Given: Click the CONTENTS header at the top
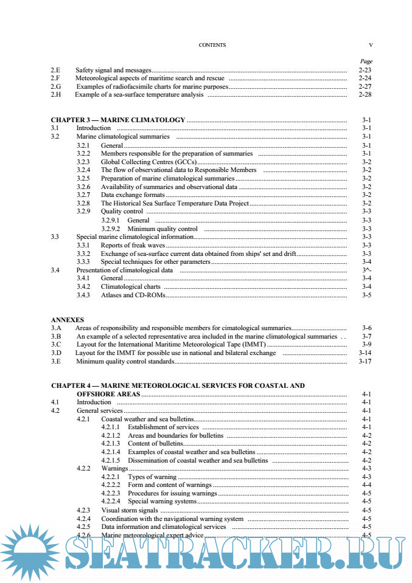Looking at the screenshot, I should [212, 45].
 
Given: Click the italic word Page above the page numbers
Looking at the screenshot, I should [366, 61].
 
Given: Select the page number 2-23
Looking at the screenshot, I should [365, 71].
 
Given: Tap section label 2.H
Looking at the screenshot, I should [56, 95].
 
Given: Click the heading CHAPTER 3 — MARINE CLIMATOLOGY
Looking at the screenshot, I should [118, 120].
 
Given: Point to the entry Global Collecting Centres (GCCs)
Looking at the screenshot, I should [149, 162].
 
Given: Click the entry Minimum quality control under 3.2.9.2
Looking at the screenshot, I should [162, 229].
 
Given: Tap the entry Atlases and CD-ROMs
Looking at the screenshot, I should [133, 295].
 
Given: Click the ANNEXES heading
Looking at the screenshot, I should [68, 320].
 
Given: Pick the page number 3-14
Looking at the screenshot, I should [365, 353].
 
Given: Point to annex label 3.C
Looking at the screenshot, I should [56, 344].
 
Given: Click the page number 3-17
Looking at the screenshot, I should [365, 361].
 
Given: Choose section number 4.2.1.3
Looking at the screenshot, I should [111, 444].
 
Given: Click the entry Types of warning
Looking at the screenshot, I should [152, 477].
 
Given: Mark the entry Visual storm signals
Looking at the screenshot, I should [130, 510].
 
